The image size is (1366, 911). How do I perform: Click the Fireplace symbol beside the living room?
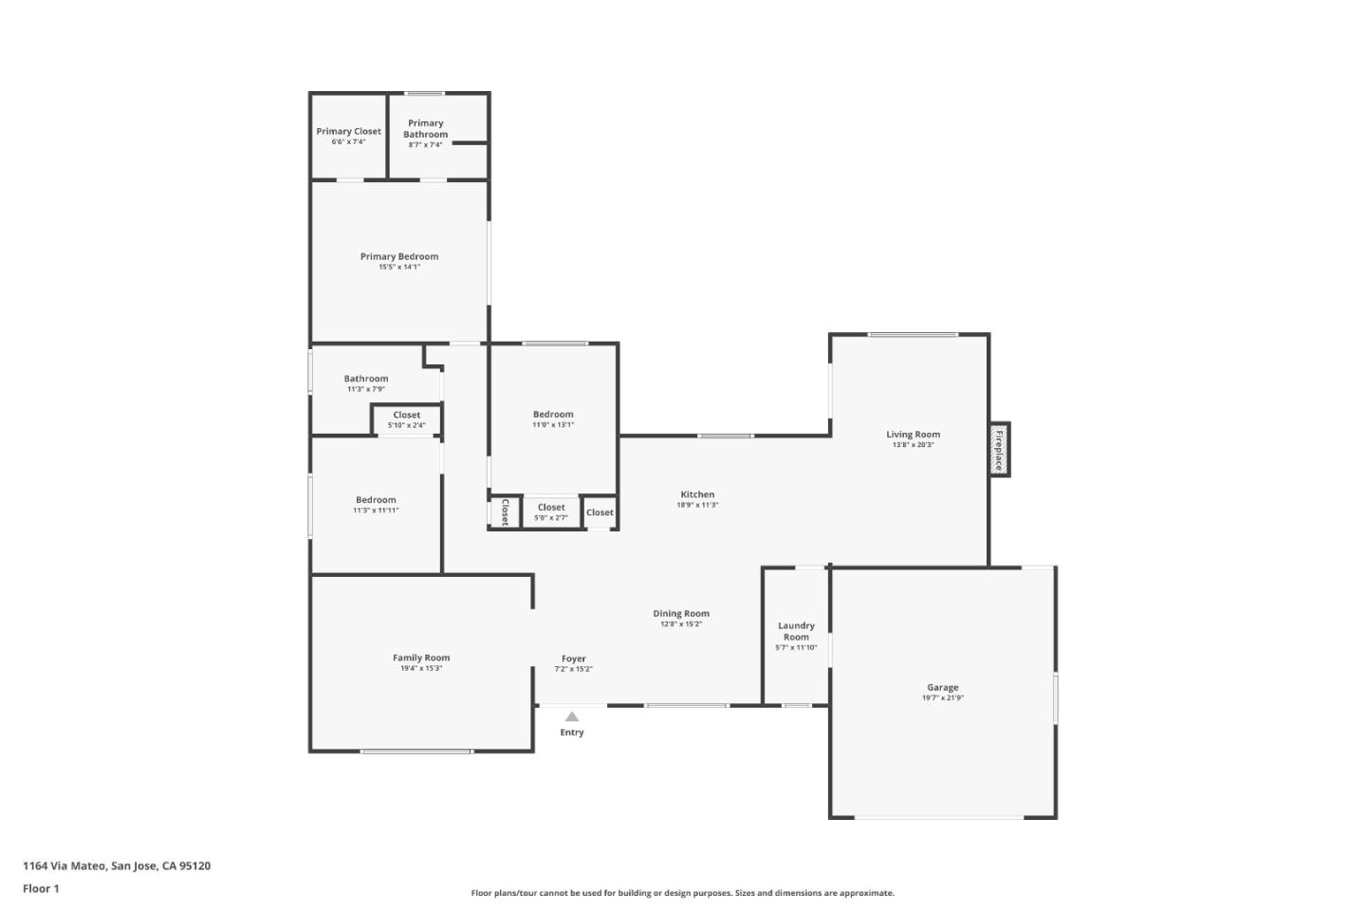pyautogui.click(x=999, y=450)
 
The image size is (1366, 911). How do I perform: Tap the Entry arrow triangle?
pyautogui.click(x=572, y=717)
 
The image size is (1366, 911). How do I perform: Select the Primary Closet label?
pyautogui.click(x=348, y=132)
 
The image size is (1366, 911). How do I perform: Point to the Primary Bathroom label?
pyautogui.click(x=425, y=129)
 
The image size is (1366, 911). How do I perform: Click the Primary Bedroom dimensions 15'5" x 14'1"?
pyautogui.click(x=399, y=268)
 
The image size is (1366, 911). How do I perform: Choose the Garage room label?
pyautogui.click(x=942, y=687)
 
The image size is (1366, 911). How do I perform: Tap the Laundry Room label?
pyautogui.click(x=796, y=631)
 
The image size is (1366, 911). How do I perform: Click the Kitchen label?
pyautogui.click(x=697, y=494)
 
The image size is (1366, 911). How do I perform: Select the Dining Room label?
pyautogui.click(x=681, y=614)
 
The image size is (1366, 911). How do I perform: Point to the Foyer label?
pyautogui.click(x=574, y=659)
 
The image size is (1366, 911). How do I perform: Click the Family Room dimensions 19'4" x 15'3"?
pyautogui.click(x=421, y=669)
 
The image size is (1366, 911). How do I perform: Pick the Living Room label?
pyautogui.click(x=913, y=435)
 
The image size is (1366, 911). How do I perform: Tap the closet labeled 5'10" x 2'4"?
pyautogui.click(x=406, y=419)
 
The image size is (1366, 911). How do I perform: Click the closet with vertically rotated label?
pyautogui.click(x=505, y=512)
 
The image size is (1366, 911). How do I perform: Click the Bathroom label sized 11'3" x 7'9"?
pyautogui.click(x=366, y=379)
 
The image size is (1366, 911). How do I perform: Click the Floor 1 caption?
pyautogui.click(x=41, y=889)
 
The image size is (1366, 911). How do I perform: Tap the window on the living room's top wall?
pyautogui.click(x=913, y=334)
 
